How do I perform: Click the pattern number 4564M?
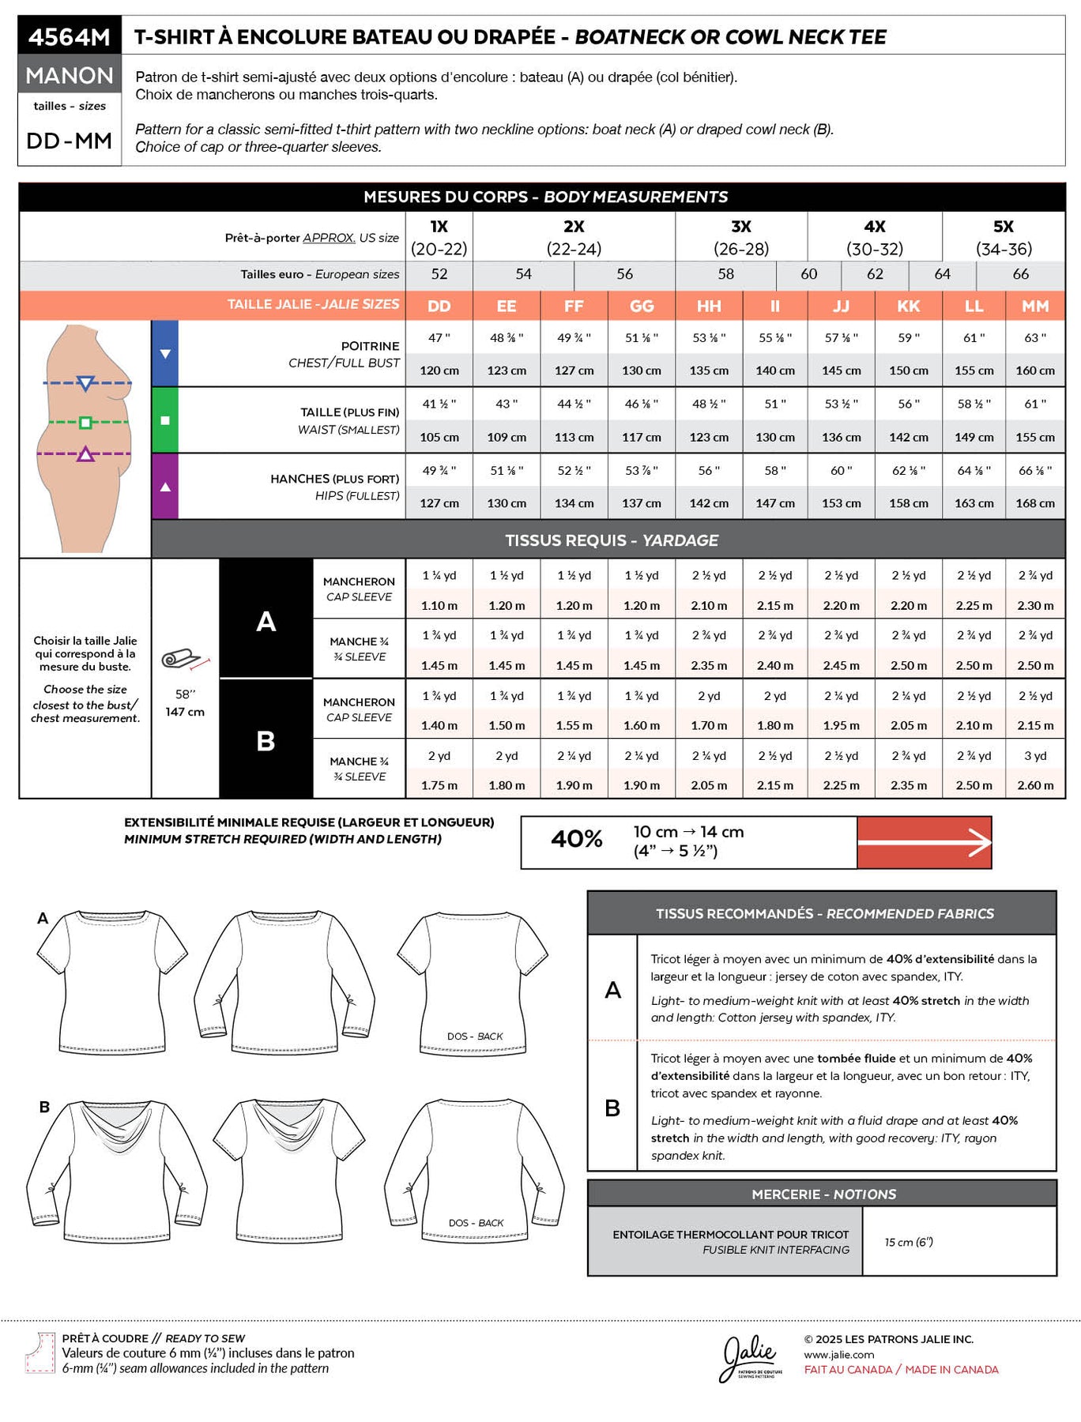point(70,36)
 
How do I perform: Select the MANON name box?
point(70,75)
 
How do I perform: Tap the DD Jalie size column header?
point(439,306)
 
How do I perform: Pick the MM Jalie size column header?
point(1035,306)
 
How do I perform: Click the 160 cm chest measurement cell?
point(1035,371)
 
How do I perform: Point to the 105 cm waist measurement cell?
point(439,437)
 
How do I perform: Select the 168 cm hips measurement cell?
point(1035,503)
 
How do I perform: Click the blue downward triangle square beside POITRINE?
point(165,354)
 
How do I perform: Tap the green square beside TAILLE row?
point(165,420)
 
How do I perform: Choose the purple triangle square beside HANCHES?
point(165,487)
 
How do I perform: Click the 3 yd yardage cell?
point(1035,756)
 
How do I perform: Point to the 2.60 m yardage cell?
point(1035,785)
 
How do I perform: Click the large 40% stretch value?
point(577,839)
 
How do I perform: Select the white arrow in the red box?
point(925,843)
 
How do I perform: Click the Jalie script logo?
point(749,1356)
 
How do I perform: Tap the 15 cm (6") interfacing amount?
point(909,1242)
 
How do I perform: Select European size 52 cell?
point(439,274)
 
